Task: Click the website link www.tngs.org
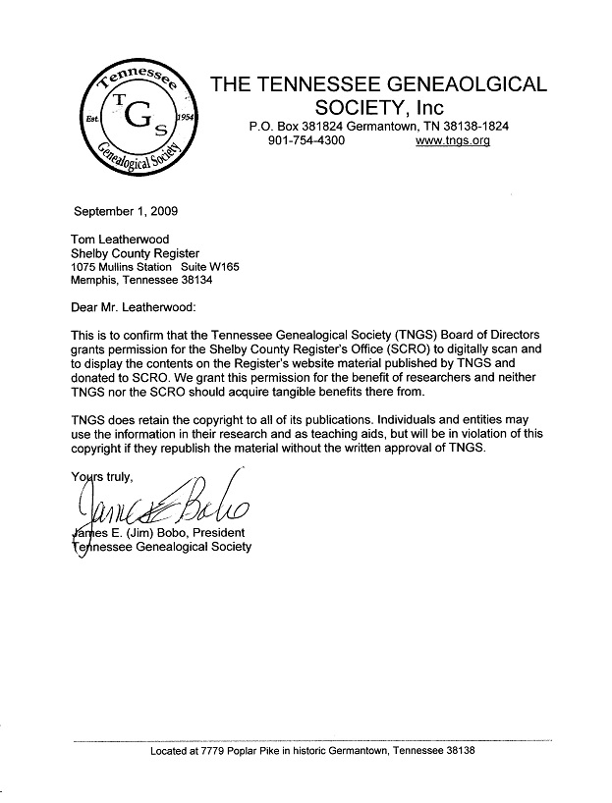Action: [452, 141]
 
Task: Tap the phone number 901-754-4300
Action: [306, 141]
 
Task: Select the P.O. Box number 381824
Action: [334, 127]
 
